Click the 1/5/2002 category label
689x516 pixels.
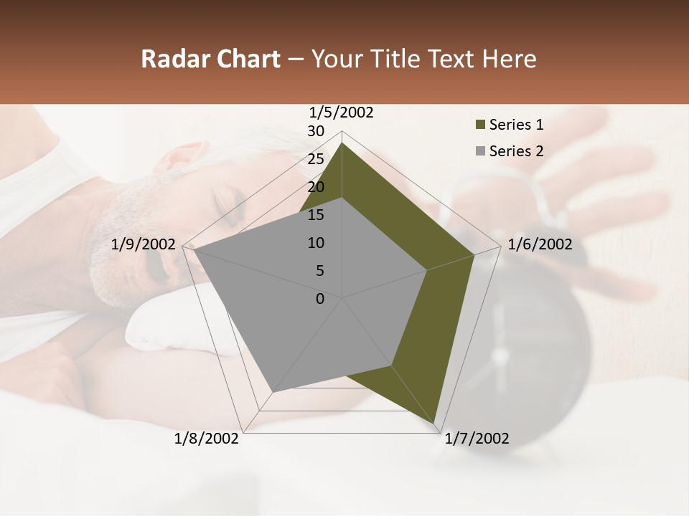coord(342,112)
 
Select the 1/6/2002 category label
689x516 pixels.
coord(540,244)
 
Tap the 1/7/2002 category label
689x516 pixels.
coord(477,439)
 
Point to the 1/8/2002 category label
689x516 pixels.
coord(207,439)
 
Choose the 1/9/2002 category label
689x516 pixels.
coord(144,244)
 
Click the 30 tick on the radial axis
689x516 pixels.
coord(316,131)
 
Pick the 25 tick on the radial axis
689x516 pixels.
coord(316,159)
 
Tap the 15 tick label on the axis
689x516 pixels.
coord(316,215)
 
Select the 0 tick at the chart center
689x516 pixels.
coord(320,299)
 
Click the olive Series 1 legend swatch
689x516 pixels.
coord(480,125)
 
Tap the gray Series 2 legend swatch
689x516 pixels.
coord(480,151)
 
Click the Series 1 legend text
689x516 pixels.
coord(516,125)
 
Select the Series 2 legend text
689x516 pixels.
coord(516,151)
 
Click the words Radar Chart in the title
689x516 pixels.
coord(210,59)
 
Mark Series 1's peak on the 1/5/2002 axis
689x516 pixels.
coord(342,143)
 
